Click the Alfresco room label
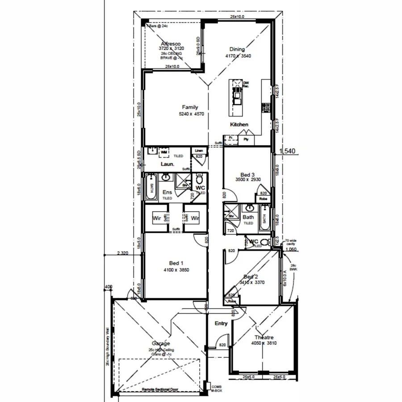172,43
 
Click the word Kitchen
239,124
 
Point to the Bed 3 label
247,174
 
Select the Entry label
221,323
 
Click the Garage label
161,343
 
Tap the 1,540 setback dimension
288,152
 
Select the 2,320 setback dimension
122,253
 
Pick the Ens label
167,193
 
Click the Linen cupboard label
199,151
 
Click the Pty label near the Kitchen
246,139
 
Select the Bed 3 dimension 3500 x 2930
247,180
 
